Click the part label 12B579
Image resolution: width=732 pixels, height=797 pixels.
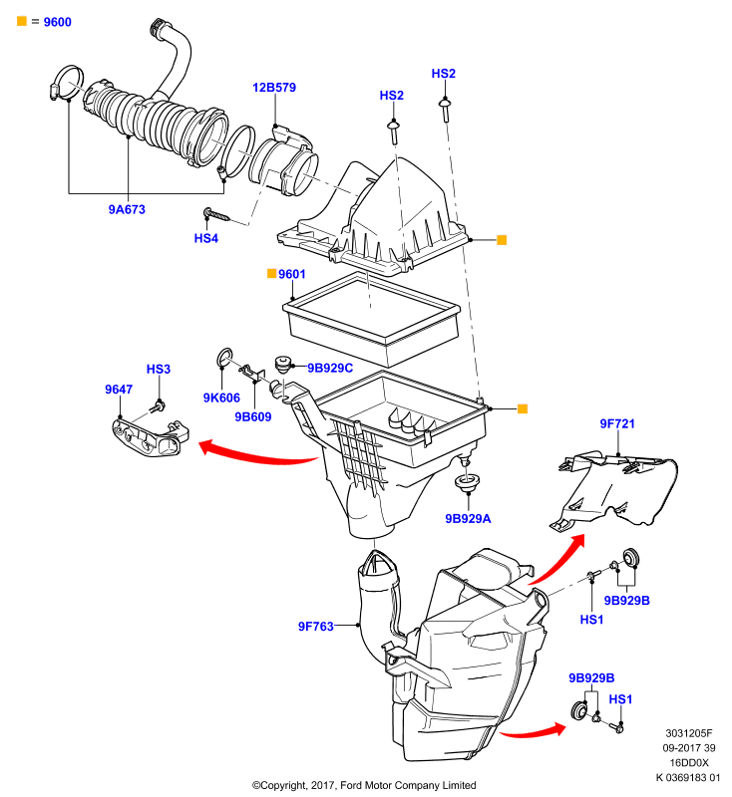coord(274,88)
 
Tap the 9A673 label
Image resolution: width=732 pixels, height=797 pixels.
coord(127,209)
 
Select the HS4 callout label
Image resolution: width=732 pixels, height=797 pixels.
coord(206,238)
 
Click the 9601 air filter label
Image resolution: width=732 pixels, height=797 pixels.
coord(291,275)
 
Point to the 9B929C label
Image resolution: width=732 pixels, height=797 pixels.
coord(330,368)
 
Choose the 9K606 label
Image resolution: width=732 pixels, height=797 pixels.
coord(221,398)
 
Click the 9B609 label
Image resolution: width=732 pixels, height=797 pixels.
coord(253,416)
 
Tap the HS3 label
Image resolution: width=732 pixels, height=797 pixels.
coord(159,369)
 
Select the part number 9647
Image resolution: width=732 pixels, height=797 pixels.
coord(119,390)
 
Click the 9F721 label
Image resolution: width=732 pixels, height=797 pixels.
coord(617,424)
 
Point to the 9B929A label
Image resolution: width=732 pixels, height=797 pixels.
coord(468,519)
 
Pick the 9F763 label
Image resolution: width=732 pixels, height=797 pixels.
coord(316,627)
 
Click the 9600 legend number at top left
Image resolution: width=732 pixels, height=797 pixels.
coord(58,22)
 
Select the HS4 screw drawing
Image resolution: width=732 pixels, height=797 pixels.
coord(216,215)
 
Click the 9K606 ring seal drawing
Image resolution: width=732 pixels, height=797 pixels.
coord(224,358)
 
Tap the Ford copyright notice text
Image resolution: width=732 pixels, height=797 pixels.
coord(364,785)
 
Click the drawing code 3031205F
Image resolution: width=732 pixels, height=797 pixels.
coord(689,733)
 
